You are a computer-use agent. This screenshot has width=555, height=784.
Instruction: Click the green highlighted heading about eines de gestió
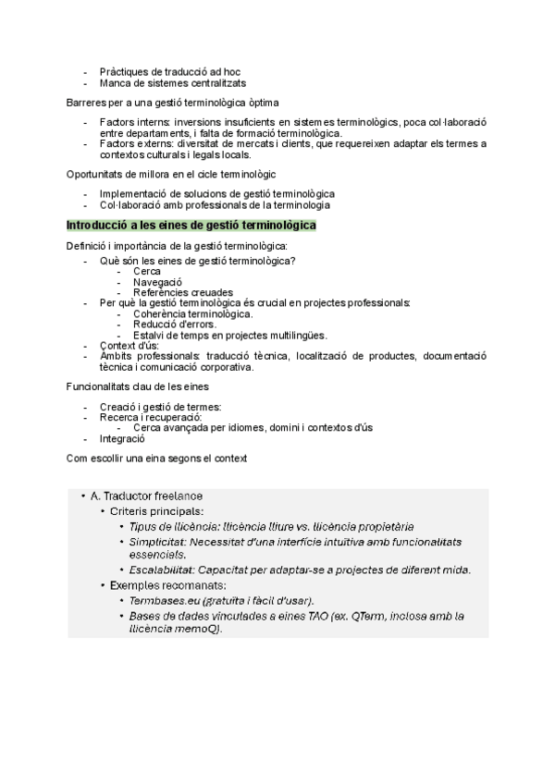(191, 226)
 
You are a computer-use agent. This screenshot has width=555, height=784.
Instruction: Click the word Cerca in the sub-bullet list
(147, 272)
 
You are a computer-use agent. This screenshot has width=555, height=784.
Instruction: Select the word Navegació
(157, 282)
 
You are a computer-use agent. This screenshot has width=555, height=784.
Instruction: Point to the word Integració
(122, 439)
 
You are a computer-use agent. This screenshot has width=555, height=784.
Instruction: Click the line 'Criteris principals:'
(157, 511)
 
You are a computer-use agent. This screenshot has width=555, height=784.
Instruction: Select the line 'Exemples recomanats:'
(161, 585)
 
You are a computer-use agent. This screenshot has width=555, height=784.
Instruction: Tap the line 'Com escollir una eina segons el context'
(158, 459)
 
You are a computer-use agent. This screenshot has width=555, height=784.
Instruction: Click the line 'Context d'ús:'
(129, 346)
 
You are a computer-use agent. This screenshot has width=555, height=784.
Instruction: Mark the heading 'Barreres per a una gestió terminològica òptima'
(173, 102)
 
